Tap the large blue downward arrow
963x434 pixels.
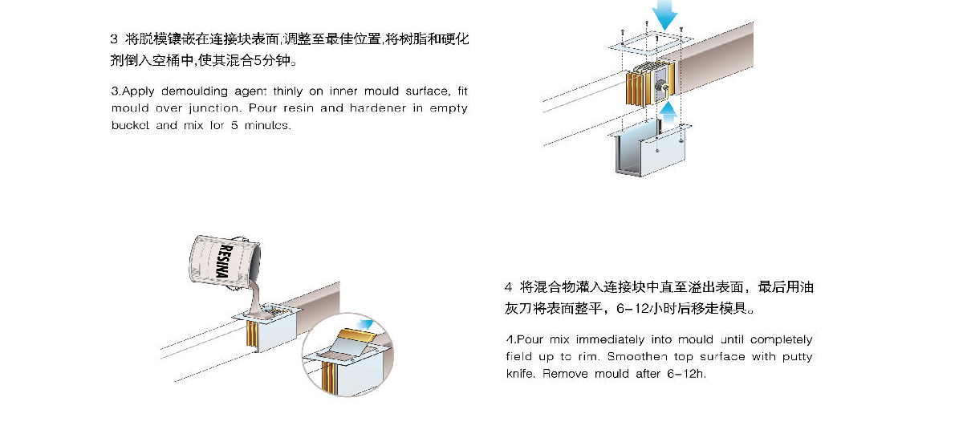click(664, 14)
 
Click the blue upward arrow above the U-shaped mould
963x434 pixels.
click(668, 112)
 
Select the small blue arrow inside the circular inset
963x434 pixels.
click(365, 324)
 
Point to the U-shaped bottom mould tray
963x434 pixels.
click(649, 148)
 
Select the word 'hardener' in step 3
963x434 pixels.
click(377, 108)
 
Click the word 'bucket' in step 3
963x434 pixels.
click(130, 125)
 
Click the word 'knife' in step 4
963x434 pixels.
click(520, 374)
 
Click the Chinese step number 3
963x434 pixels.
click(114, 39)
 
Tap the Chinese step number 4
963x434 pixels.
click(509, 287)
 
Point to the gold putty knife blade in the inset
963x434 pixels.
click(356, 335)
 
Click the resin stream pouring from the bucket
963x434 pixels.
click(257, 298)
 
